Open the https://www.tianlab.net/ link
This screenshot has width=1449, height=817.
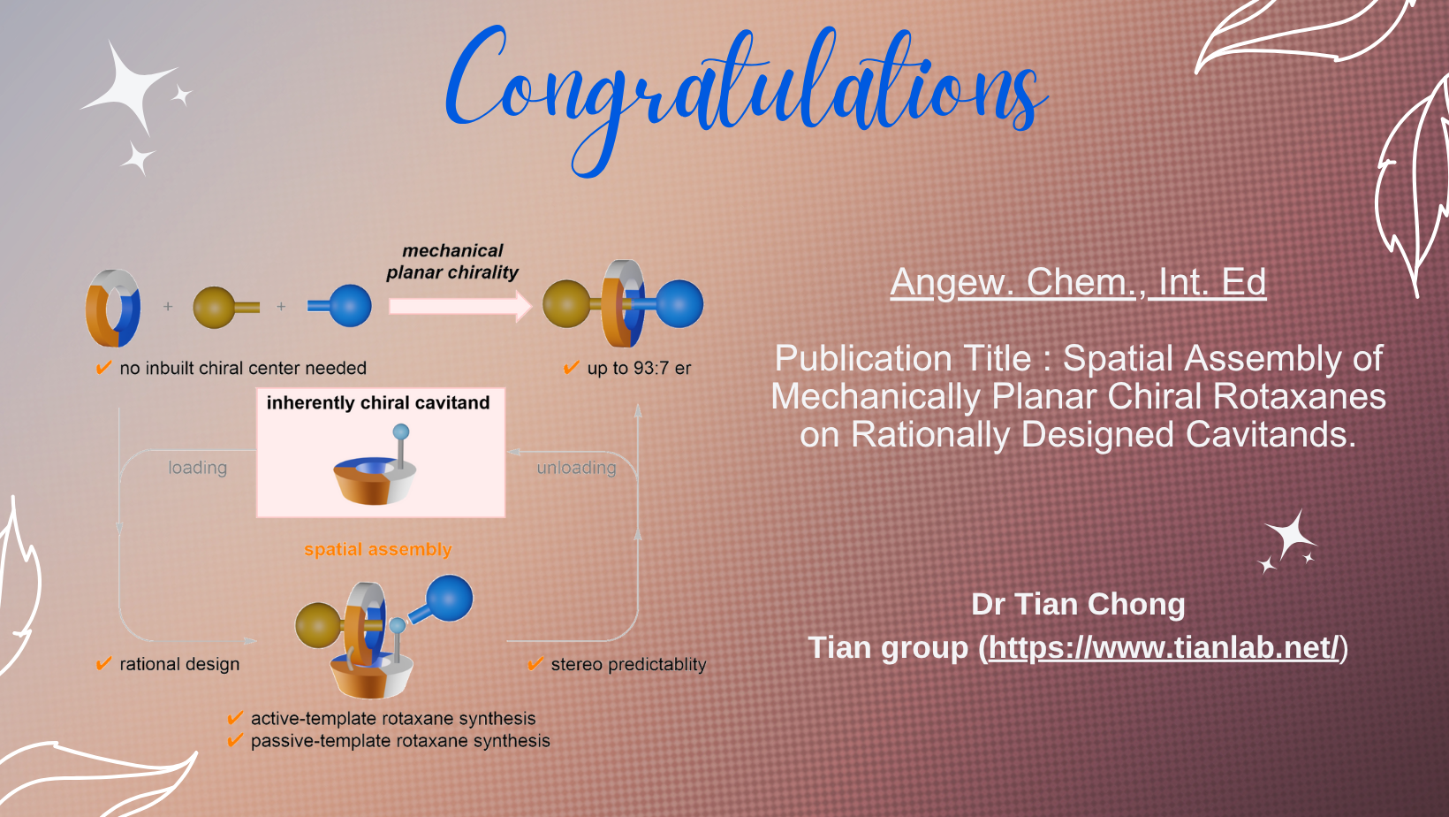click(1164, 646)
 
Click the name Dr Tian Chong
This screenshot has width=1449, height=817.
click(1078, 603)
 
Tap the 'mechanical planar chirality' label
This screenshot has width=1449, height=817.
click(452, 261)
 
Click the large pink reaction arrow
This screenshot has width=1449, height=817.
click(460, 306)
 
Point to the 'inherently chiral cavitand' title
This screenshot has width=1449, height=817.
click(378, 402)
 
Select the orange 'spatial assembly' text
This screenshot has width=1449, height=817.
click(378, 549)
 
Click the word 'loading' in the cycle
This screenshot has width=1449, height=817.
click(197, 468)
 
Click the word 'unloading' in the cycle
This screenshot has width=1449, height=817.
click(576, 468)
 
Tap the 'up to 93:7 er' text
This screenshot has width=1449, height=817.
click(639, 368)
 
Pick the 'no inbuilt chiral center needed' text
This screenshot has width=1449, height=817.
click(243, 368)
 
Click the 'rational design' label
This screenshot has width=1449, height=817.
click(179, 664)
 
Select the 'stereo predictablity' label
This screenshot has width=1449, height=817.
click(628, 664)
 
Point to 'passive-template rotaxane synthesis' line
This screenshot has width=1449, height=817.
click(400, 741)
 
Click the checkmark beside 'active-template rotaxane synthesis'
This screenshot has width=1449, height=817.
click(235, 718)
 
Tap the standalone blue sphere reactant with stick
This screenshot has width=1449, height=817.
click(339, 306)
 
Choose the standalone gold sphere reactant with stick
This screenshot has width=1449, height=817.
click(226, 308)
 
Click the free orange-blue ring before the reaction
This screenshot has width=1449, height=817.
click(112, 309)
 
